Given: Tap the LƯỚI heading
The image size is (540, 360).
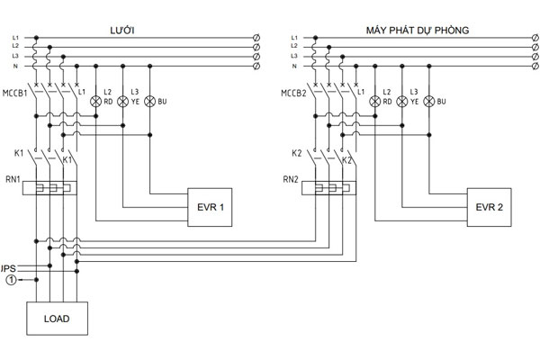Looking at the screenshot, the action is tap(122, 31).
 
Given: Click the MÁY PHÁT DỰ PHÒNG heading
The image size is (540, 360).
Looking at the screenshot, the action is tap(418, 31).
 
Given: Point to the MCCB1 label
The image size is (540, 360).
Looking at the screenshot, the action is tap(14, 94).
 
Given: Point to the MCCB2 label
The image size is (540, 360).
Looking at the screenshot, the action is tap(293, 94).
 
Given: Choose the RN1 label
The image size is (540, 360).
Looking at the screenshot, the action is tap(13, 179).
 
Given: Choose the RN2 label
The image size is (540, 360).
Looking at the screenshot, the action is tap(291, 179).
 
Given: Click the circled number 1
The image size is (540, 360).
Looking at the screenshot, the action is tap(11, 280).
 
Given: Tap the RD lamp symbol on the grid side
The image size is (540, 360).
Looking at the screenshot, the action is tap(95, 102).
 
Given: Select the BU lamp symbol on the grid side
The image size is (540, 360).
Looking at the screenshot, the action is tap(149, 102).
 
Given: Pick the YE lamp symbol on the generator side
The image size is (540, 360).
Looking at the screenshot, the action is tap(402, 102).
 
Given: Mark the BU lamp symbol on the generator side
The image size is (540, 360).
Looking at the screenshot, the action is tap(428, 102).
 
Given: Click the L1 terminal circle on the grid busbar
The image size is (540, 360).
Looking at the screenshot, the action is tap(256, 38).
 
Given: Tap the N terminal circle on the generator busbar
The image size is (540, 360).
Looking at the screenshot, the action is tap(535, 66).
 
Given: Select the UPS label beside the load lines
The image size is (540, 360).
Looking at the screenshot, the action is tap(8, 268).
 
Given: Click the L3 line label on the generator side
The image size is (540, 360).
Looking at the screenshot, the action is tap(294, 56).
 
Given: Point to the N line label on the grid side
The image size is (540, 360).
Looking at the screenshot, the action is tap(15, 66).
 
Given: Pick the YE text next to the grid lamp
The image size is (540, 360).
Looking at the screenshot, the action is tap(135, 102).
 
